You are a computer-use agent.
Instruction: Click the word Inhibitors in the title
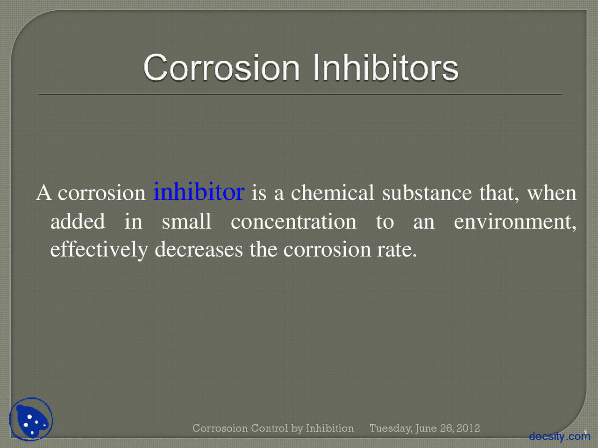pyautogui.click(x=385, y=68)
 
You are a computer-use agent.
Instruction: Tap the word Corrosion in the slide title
pyautogui.click(x=221, y=68)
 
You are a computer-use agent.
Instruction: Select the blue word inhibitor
pyautogui.click(x=199, y=192)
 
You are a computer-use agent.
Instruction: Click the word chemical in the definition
pyautogui.click(x=333, y=193)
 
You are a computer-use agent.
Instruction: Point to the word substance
pyautogui.click(x=427, y=193)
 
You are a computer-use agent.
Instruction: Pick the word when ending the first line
pyautogui.click(x=552, y=193)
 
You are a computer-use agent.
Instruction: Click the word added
pyautogui.click(x=78, y=221)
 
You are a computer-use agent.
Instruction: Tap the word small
pyautogui.click(x=186, y=221)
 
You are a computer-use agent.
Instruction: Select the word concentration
pyautogui.click(x=293, y=221)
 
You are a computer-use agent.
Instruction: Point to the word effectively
pyautogui.click(x=99, y=250)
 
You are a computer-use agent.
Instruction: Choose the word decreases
pyautogui.click(x=199, y=250)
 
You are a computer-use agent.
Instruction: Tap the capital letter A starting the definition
pyautogui.click(x=43, y=193)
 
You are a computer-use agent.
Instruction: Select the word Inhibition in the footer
pyautogui.click(x=330, y=428)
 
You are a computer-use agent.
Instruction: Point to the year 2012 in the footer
pyautogui.click(x=468, y=428)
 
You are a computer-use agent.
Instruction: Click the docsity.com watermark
pyautogui.click(x=559, y=436)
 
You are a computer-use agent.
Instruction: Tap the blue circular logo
pyautogui.click(x=31, y=420)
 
